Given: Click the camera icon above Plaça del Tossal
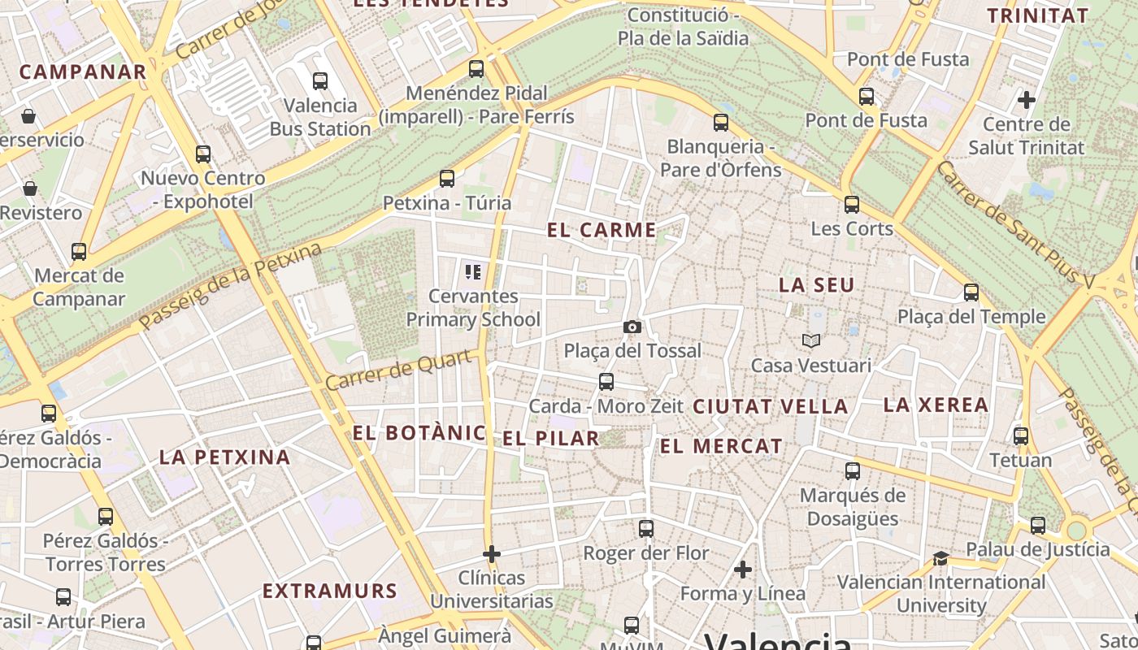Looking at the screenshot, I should click(632, 327).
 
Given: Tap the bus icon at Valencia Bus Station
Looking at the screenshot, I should click(320, 81).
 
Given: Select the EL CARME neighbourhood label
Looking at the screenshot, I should click(602, 230).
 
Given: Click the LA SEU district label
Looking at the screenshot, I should click(816, 285).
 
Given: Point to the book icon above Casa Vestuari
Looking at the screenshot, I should click(810, 340).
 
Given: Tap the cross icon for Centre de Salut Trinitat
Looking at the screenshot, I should click(1026, 100).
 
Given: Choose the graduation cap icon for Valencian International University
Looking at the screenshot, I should click(940, 558).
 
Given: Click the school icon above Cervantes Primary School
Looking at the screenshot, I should click(472, 271).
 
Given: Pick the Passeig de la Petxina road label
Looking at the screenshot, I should click(230, 287).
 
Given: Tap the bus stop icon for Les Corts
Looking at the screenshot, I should click(851, 204).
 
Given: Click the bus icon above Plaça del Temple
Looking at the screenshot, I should click(971, 292).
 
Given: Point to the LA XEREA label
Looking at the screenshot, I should click(936, 405).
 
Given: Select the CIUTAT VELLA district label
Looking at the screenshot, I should click(770, 406).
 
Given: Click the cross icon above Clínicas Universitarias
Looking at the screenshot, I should click(491, 554).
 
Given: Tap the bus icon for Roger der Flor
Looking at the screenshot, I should click(646, 529).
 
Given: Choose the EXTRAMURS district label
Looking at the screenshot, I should click(329, 591).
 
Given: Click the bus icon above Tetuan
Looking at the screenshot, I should click(1021, 436).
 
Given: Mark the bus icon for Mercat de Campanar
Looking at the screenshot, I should click(79, 252).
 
